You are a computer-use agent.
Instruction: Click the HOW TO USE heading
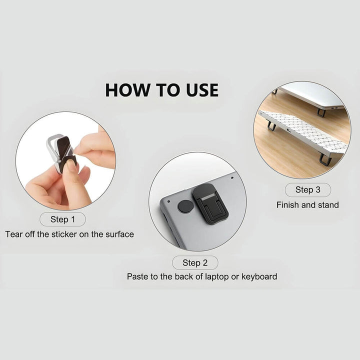click(x=162, y=90)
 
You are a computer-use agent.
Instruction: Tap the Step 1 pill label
click(x=62, y=219)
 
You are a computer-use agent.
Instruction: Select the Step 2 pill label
click(x=195, y=262)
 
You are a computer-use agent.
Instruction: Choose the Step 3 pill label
click(x=308, y=190)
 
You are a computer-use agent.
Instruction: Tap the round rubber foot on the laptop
click(x=185, y=205)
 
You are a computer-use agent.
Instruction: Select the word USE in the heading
click(x=202, y=90)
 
